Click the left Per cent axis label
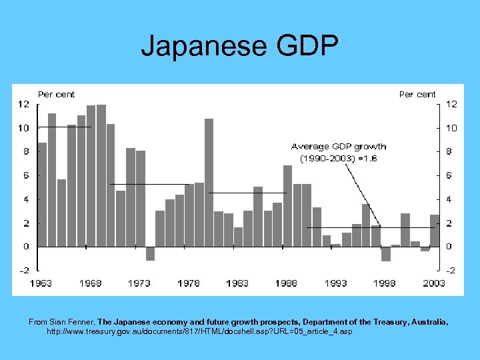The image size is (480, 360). (x=57, y=95)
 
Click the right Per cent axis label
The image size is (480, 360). (x=417, y=95)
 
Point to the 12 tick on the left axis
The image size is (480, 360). (x=23, y=104)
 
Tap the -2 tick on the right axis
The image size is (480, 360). (x=451, y=271)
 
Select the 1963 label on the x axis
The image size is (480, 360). (x=41, y=283)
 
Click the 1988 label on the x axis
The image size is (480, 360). (x=287, y=283)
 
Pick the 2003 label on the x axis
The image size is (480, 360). (x=434, y=283)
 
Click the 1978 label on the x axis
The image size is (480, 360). (x=189, y=283)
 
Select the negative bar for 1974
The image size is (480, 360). (x=150, y=253)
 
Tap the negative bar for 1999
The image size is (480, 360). (x=385, y=254)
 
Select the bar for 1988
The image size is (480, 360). (x=287, y=206)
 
